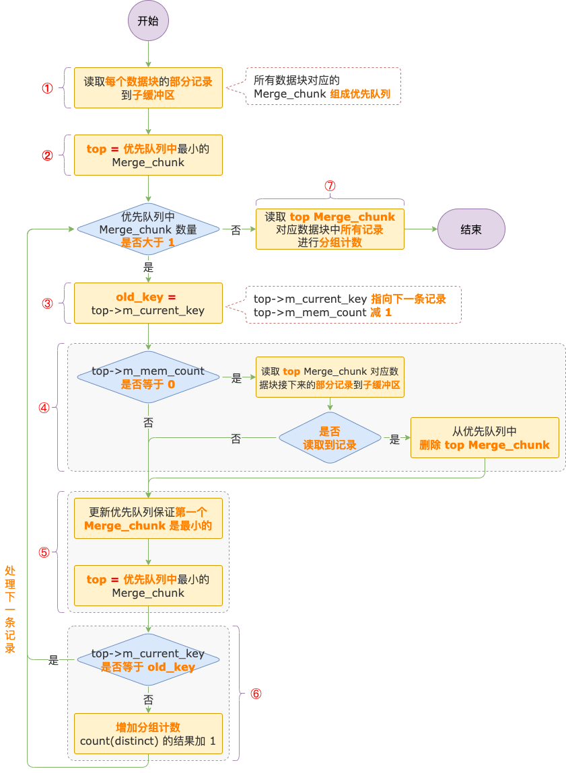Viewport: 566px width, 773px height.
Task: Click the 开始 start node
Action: [148, 20]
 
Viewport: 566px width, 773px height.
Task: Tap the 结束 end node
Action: [471, 229]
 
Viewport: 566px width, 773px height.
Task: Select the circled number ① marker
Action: [47, 88]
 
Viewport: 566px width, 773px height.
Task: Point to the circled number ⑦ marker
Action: [330, 186]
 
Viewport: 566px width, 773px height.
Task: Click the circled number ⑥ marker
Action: [256, 694]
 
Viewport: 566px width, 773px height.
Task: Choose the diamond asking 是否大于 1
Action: [148, 229]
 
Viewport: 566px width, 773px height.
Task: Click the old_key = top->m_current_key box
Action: [148, 303]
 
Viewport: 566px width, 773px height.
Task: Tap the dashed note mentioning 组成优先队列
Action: [323, 87]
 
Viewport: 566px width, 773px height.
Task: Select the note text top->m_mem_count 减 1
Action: [322, 313]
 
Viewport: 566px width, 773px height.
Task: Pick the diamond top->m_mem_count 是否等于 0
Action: [148, 377]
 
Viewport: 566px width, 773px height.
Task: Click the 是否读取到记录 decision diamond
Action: [330, 438]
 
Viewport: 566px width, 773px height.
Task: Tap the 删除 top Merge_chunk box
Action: [485, 438]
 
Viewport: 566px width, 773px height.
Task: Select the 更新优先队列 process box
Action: [148, 519]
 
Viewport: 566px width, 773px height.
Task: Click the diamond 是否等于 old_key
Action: [148, 660]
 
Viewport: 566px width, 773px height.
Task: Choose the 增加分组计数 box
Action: [148, 734]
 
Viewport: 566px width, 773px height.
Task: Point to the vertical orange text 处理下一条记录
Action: [11, 610]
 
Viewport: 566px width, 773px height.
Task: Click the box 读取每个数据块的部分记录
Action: [148, 88]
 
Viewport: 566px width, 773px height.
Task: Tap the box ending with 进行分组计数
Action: [330, 229]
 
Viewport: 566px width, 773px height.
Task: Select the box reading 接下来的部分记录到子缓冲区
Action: [330, 377]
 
